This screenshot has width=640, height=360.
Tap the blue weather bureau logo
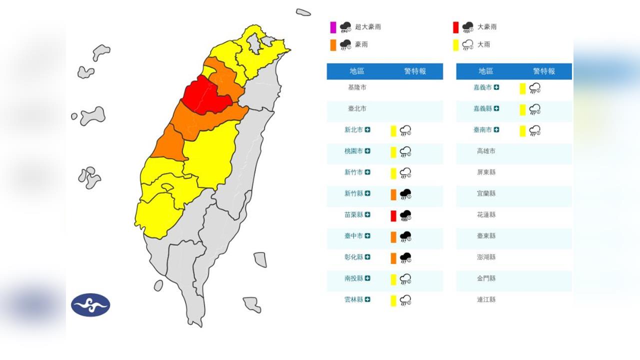coord(90,304)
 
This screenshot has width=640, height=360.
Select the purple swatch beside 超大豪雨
coord(333,27)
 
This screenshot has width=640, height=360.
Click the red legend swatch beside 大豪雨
coord(455,27)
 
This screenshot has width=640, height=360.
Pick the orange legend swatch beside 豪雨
coord(333,45)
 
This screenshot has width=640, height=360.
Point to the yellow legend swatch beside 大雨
coord(455,45)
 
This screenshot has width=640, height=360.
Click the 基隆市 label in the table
coord(357,87)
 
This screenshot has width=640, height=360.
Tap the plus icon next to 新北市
coord(367,130)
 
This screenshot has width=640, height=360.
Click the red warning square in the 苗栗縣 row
coord(393,215)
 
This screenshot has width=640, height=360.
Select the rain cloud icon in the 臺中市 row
coord(405,236)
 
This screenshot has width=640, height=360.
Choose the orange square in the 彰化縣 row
coord(393,258)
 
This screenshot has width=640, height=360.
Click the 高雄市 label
coord(486,151)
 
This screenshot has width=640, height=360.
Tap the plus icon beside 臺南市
coord(496,130)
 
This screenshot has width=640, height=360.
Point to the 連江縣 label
coord(486,300)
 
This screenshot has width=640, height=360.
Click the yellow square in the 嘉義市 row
coord(522,88)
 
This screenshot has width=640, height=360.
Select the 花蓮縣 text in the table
coord(486,215)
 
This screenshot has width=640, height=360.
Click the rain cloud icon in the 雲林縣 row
coord(405,300)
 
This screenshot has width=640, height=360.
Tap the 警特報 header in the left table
coord(415,71)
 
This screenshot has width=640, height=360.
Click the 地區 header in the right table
coord(486,71)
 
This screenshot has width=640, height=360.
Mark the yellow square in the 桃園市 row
coord(393,151)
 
